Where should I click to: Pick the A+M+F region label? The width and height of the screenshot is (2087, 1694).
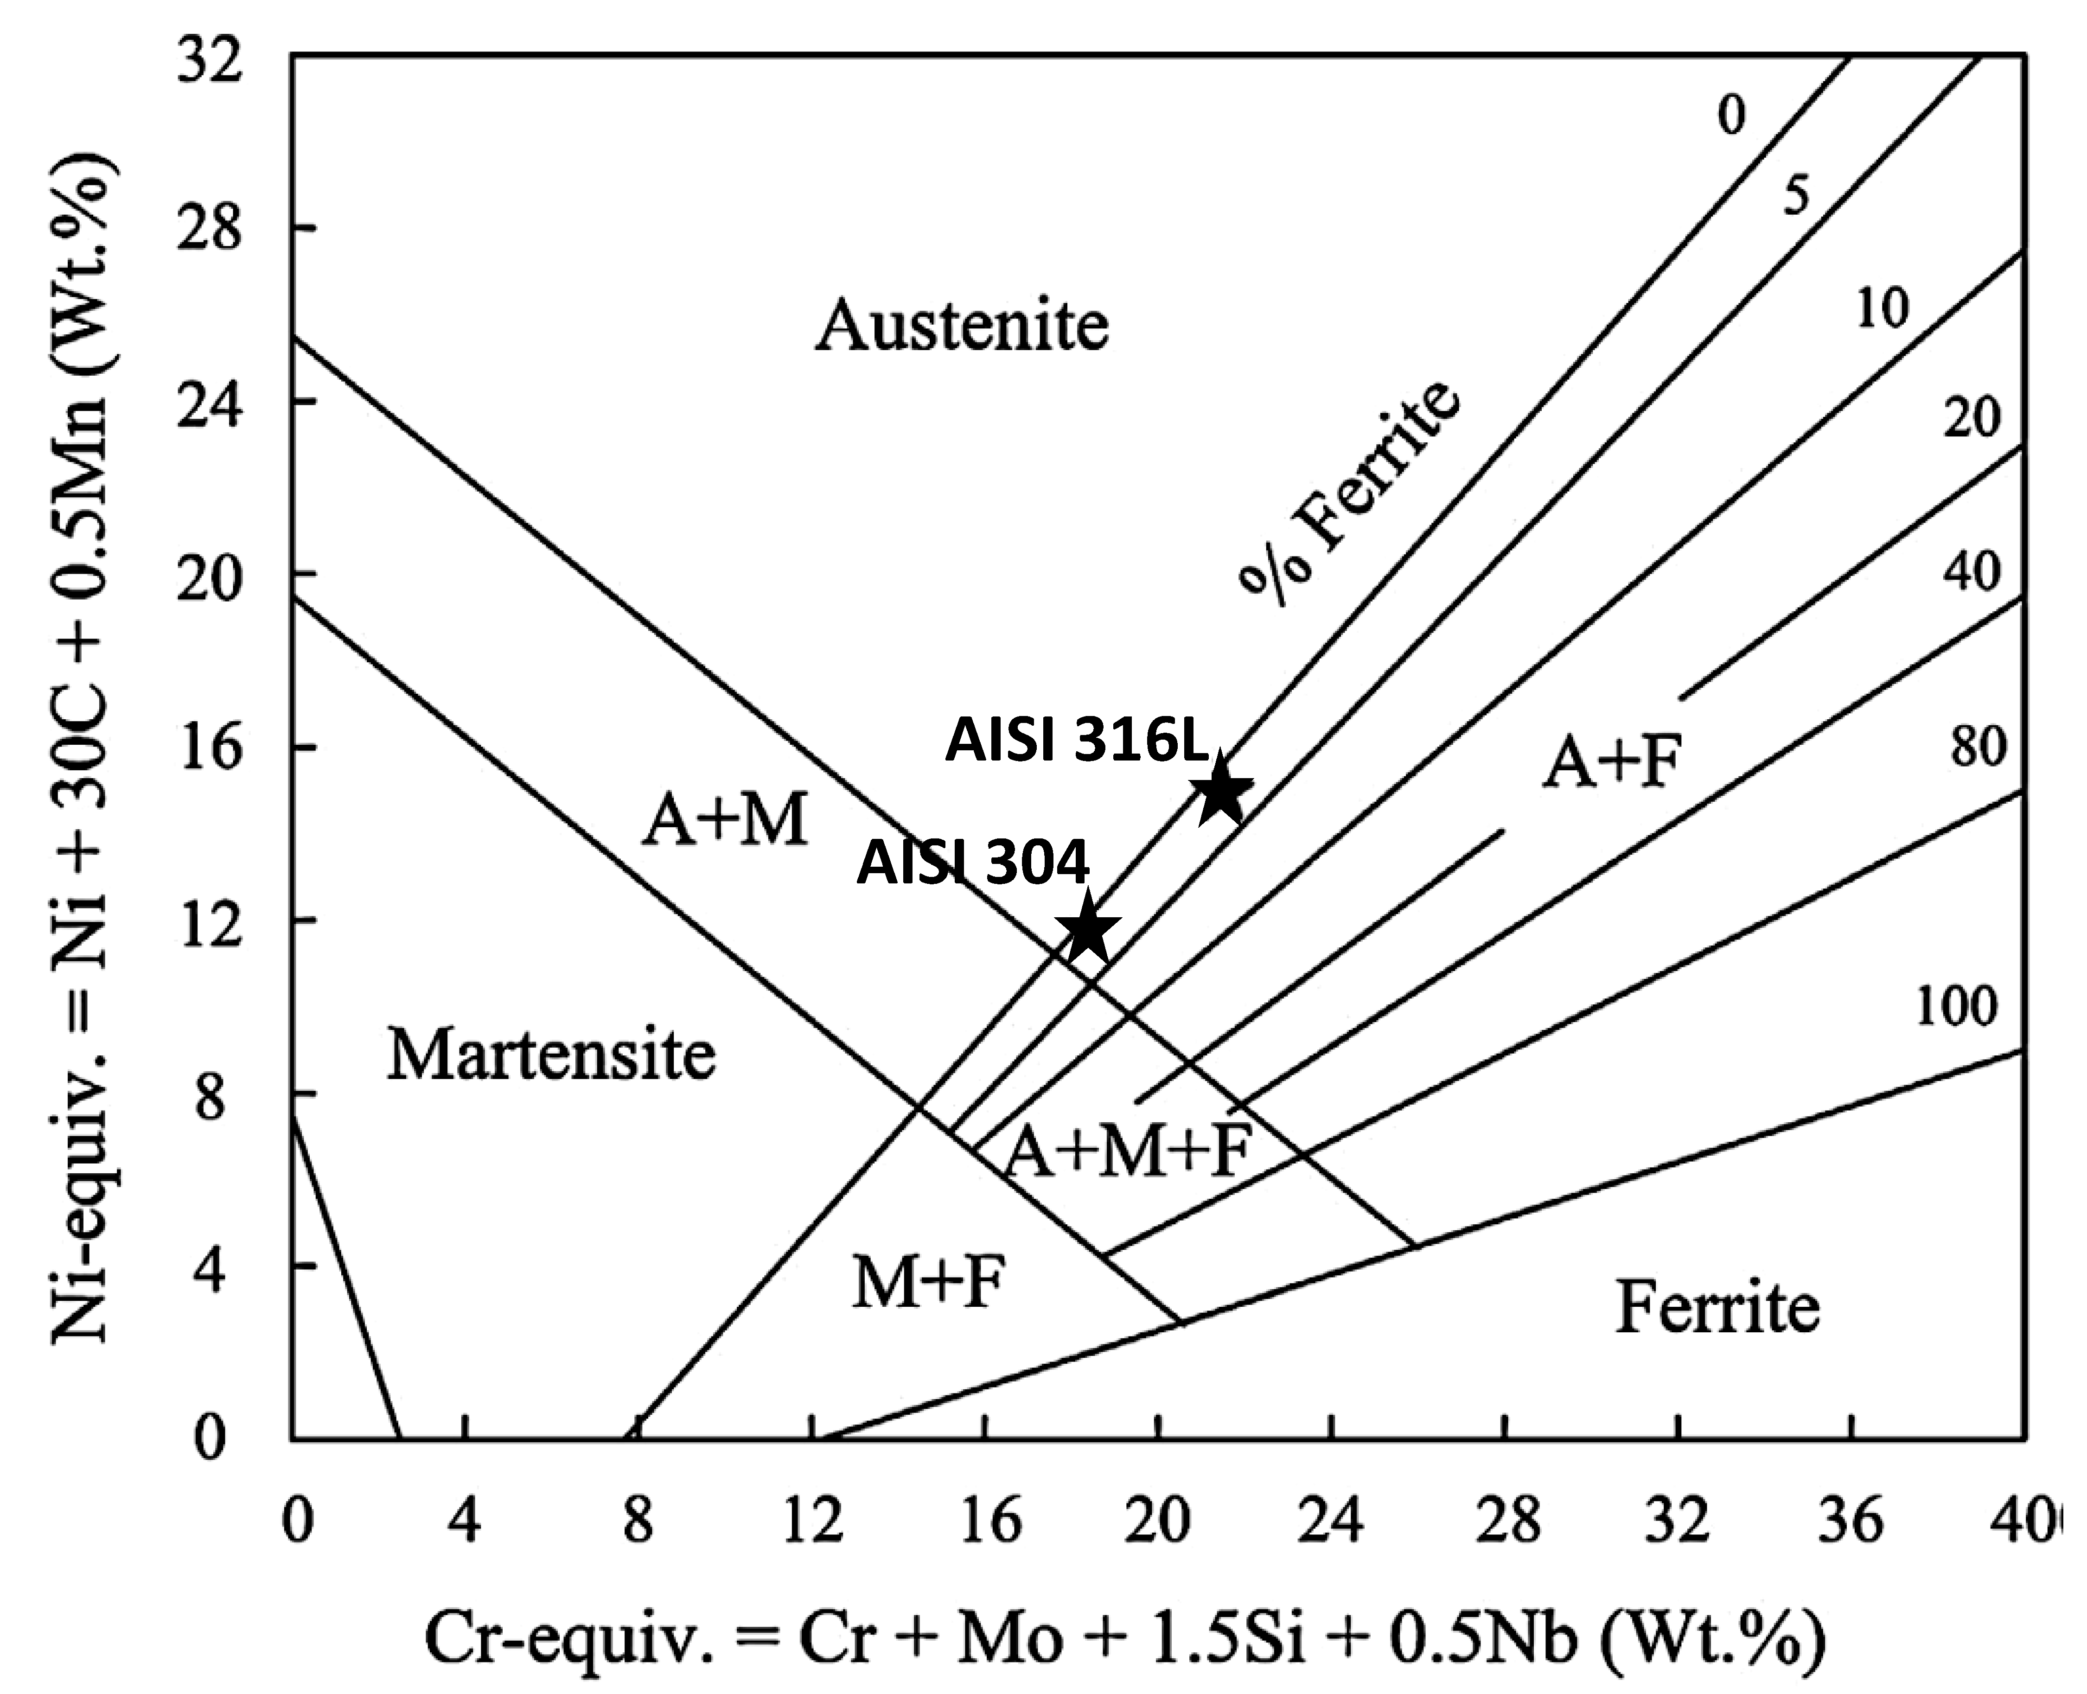tap(1128, 1151)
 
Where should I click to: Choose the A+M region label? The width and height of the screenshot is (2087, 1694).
tap(725, 821)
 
